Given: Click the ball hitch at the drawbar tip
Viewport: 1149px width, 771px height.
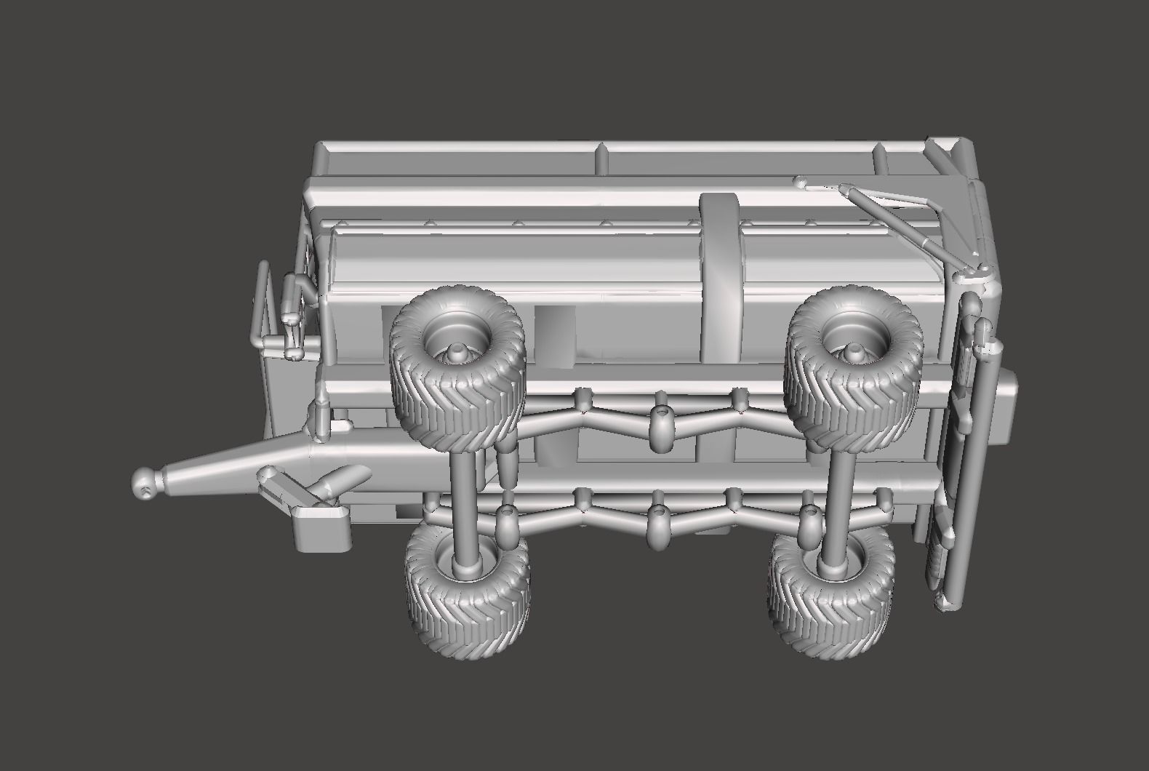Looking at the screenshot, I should [x=145, y=483].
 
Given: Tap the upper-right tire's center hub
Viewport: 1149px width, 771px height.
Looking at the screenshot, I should [x=852, y=351].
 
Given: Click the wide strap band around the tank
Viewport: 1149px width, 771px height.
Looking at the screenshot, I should [x=721, y=276].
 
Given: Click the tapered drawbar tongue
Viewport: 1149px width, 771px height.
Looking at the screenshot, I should [x=233, y=466].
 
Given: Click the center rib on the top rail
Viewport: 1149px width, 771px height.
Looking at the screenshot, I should [x=602, y=158].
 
